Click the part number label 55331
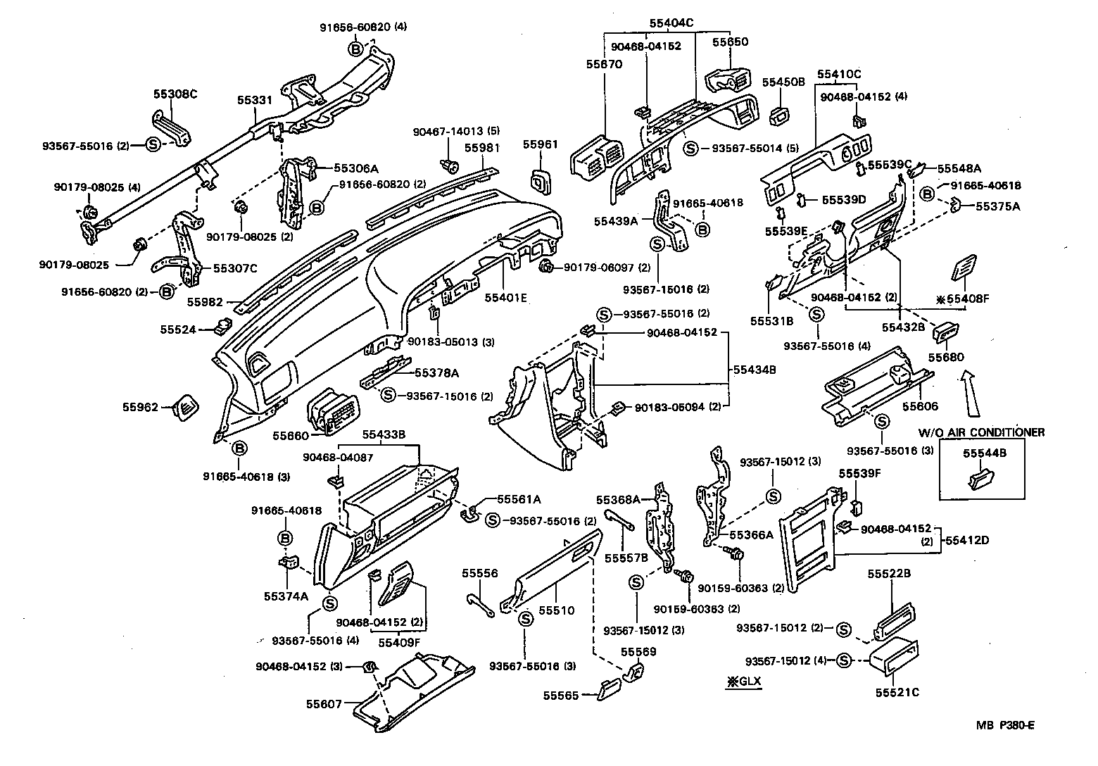click(x=254, y=101)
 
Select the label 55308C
click(x=175, y=94)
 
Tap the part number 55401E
click(x=505, y=297)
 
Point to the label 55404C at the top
click(x=671, y=23)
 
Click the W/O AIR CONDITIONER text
click(x=982, y=432)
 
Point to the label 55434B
click(x=754, y=369)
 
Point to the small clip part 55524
click(x=225, y=326)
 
